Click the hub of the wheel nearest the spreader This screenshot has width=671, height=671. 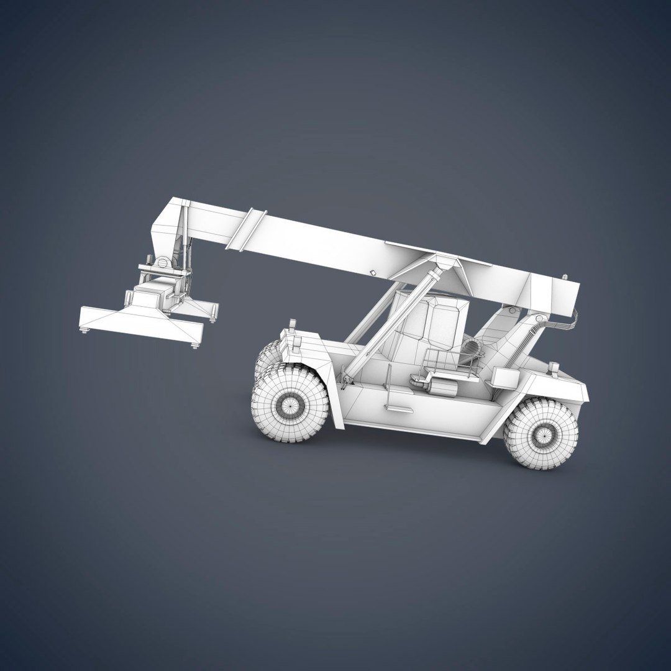pyautogui.click(x=290, y=406)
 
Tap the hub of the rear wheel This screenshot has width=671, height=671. pyautogui.click(x=541, y=434)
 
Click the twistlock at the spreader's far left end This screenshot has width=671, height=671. pyautogui.click(x=84, y=331)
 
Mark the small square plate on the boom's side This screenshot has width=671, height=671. pyautogui.click(x=373, y=272)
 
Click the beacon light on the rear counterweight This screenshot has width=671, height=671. pyautogui.click(x=553, y=368)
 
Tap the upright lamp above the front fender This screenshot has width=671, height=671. pyautogui.click(x=292, y=325)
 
